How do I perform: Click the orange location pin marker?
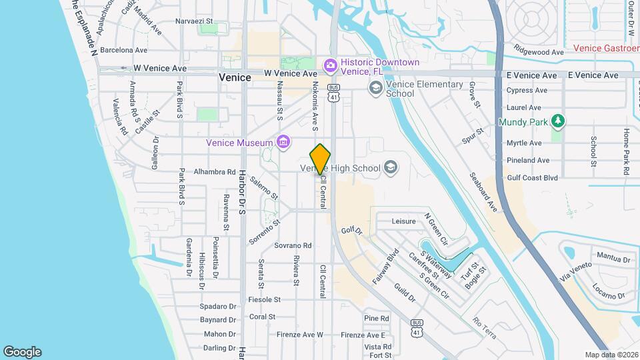click(x=321, y=159)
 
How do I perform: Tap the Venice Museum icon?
click(x=283, y=142)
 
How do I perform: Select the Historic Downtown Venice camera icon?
click(x=330, y=65)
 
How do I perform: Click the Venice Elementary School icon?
click(x=376, y=87)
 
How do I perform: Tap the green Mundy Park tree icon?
click(x=559, y=121)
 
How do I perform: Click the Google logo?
click(x=22, y=352)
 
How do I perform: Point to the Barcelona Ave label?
click(x=123, y=50)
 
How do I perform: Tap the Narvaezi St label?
click(x=193, y=21)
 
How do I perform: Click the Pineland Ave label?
click(x=528, y=161)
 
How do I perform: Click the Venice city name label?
click(x=235, y=77)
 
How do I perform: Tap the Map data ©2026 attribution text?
click(x=611, y=355)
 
